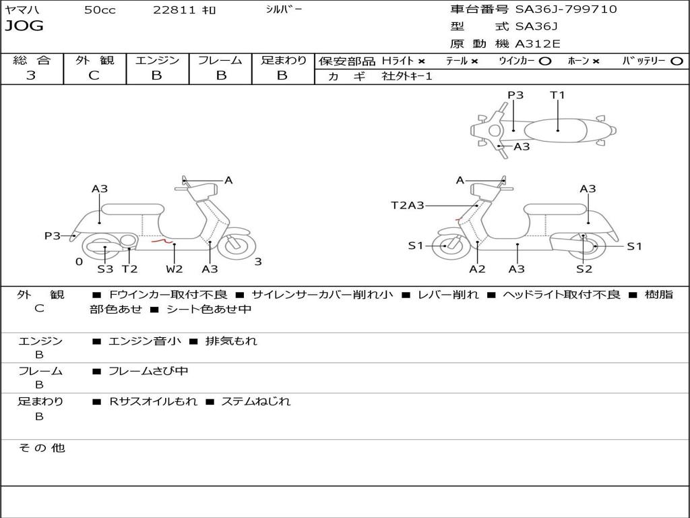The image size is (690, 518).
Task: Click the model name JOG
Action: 24,26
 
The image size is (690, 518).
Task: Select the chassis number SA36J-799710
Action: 566,9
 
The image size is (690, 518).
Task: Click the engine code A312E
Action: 537,44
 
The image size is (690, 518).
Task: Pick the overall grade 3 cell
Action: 31,76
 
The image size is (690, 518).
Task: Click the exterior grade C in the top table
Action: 94,76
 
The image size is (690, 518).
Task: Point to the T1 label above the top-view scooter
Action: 557,94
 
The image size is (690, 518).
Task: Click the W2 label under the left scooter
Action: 175,268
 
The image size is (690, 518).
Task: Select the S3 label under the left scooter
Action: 105,268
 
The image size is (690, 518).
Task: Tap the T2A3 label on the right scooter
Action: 408,205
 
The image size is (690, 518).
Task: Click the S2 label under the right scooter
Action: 584,268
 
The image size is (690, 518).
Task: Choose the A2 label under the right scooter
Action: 477,268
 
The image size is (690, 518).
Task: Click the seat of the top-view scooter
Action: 556,131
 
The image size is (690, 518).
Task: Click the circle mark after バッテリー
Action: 677,61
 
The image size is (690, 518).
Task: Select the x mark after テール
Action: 474,61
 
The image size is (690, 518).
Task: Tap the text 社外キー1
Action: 407,76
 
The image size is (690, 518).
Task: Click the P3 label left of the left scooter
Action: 53,235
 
